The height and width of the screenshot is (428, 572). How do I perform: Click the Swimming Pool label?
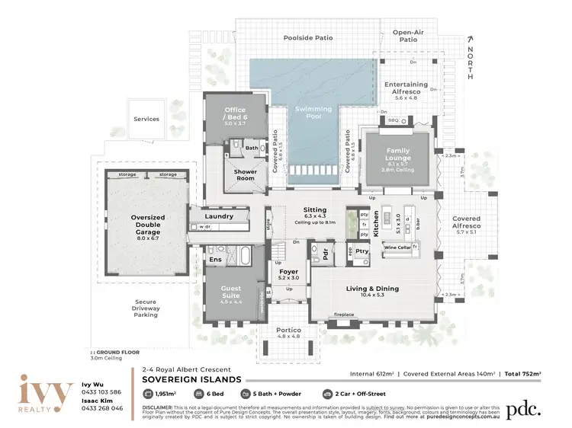[x=313, y=113]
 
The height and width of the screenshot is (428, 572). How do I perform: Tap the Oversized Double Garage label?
[x=148, y=222]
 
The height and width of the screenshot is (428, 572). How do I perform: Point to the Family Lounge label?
[x=398, y=154]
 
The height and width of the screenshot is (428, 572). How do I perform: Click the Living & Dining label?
[x=372, y=289]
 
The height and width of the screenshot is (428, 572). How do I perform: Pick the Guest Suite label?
[x=231, y=292]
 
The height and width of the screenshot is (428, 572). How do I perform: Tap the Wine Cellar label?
[x=397, y=248]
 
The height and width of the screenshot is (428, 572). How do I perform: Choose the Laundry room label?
[x=219, y=217]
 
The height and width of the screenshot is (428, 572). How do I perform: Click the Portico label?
[x=287, y=330]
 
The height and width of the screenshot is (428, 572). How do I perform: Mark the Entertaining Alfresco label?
[x=411, y=88]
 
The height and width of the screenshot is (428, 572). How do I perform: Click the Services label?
[x=146, y=119]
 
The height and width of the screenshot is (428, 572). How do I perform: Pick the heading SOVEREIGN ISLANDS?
[x=192, y=378]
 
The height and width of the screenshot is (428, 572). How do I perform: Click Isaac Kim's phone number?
[x=103, y=408]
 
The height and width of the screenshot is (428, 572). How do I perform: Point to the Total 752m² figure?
[x=522, y=374]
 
